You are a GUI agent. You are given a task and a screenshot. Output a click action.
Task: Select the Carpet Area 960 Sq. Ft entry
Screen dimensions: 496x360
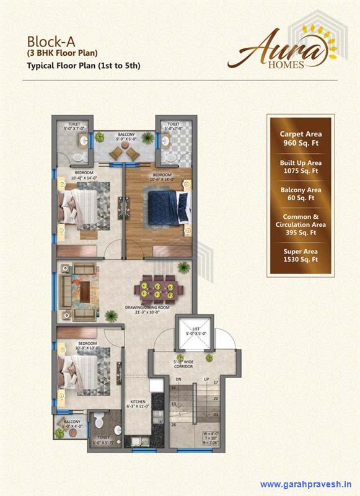click(x=301, y=138)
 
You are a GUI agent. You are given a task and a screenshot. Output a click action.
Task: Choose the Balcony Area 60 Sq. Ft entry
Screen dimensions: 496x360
click(x=301, y=194)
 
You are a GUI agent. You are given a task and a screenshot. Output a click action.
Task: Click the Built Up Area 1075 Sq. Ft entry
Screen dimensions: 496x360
click(x=301, y=166)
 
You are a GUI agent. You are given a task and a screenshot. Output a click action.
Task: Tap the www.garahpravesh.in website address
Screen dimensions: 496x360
click(x=306, y=484)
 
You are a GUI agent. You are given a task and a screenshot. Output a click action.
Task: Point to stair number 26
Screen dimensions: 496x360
click(x=174, y=425)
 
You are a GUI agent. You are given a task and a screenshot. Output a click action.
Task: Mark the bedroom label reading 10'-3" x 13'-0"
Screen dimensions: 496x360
click(x=87, y=345)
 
